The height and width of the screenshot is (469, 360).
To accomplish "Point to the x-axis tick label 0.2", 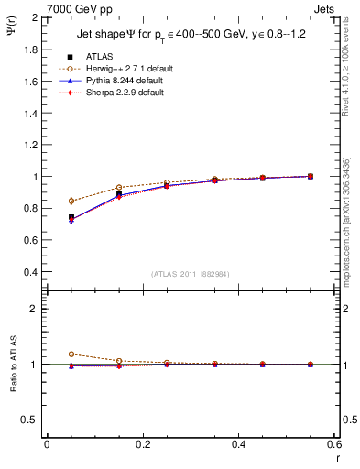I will point(142,443).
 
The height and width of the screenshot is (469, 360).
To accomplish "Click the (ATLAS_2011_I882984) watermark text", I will point(191,273).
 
